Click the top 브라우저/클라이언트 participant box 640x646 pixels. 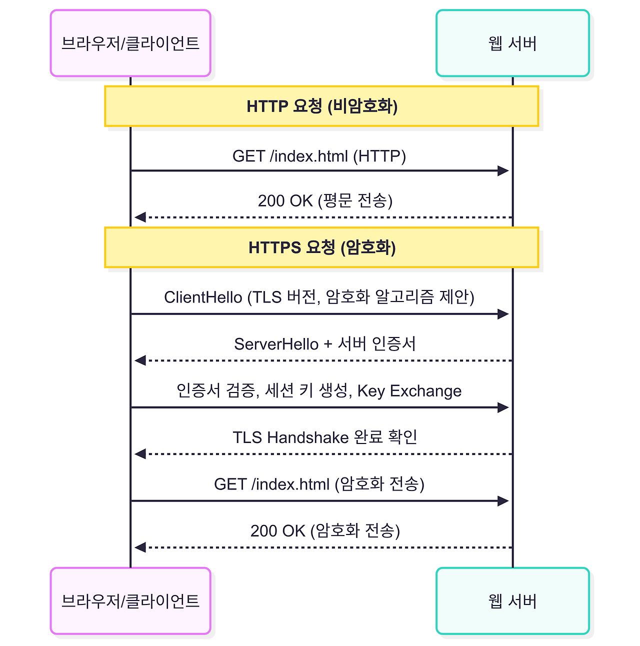point(130,43)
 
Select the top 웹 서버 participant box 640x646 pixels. point(512,43)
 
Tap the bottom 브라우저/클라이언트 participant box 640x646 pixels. point(130,601)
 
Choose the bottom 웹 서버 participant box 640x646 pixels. point(512,601)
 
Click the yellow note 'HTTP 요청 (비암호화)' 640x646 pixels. point(321,106)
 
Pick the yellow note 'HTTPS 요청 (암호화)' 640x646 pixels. point(321,247)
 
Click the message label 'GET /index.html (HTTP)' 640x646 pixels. point(319,156)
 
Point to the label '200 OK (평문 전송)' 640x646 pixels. point(325,200)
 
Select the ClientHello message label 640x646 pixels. point(319,297)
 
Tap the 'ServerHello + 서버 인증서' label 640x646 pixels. point(325,344)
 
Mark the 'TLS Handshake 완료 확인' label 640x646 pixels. point(325,437)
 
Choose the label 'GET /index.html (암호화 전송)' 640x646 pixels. point(319,484)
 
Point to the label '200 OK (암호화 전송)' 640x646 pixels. point(325,530)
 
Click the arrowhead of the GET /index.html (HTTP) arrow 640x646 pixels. point(503,171)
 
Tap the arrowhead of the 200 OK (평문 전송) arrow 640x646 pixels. point(140,217)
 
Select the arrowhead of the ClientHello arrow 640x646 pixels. point(503,314)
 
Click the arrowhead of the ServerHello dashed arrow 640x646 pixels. point(140,360)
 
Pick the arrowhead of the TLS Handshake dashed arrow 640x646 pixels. point(140,454)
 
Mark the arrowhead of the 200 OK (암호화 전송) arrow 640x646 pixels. point(140,547)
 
